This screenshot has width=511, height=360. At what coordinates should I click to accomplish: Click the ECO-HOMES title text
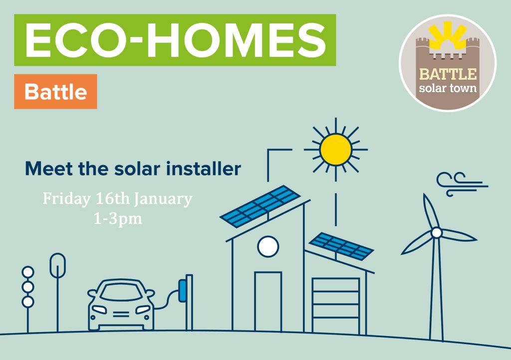tap(175, 40)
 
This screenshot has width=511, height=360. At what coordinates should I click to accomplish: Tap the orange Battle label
tap(55, 91)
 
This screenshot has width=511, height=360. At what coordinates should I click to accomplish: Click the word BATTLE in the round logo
tap(448, 74)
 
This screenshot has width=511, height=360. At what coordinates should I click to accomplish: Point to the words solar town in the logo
tap(448, 88)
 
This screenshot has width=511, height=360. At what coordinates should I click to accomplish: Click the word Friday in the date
tap(67, 198)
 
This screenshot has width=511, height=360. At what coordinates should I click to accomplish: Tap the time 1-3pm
tap(118, 219)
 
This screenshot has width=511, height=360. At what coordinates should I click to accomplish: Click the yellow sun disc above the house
tap(336, 150)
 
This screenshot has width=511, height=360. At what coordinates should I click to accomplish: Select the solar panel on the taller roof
tap(260, 206)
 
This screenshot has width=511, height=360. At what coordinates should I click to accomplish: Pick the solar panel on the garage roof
tap(341, 246)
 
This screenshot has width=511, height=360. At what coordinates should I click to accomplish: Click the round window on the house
tap(268, 246)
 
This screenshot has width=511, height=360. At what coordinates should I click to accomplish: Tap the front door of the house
tap(268, 302)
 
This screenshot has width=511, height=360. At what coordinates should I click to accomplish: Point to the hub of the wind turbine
tap(436, 233)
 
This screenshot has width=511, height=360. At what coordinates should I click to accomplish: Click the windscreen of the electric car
tap(121, 292)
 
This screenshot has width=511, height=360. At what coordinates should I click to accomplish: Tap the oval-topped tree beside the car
tap(58, 266)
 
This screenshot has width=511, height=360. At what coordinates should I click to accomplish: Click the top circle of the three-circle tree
tap(28, 272)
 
